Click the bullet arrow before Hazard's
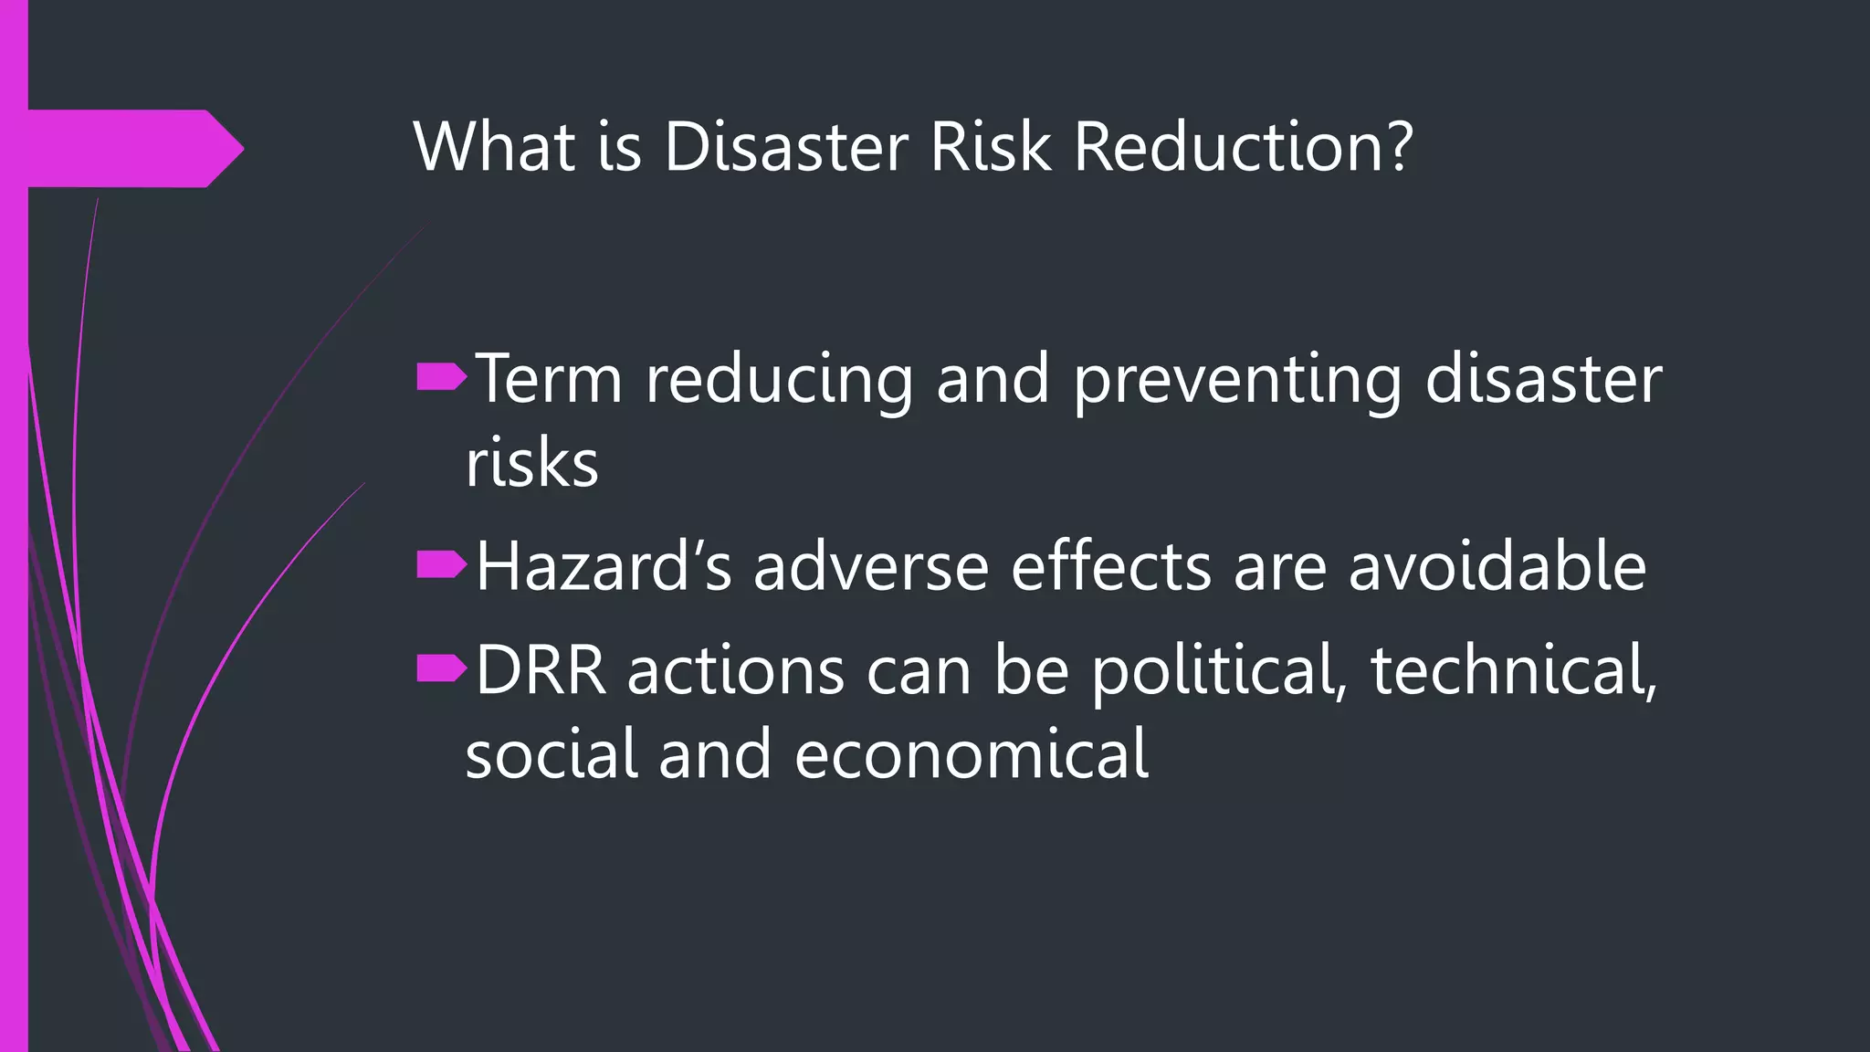[x=441, y=566]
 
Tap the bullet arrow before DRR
[x=441, y=670]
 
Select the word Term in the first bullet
[x=549, y=378]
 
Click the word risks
[x=531, y=464]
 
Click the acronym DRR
[x=541, y=671]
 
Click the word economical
[x=972, y=755]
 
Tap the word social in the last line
[x=552, y=755]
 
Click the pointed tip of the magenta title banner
[x=241, y=148]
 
